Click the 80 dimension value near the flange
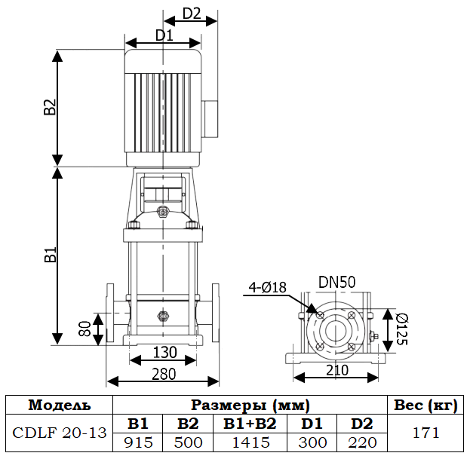tap(85, 329)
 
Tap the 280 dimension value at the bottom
tap(164, 373)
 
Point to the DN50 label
tap(336, 282)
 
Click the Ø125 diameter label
tap(401, 329)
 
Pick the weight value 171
tap(426, 433)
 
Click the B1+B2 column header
tap(250, 424)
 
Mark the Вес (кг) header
tap(426, 405)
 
